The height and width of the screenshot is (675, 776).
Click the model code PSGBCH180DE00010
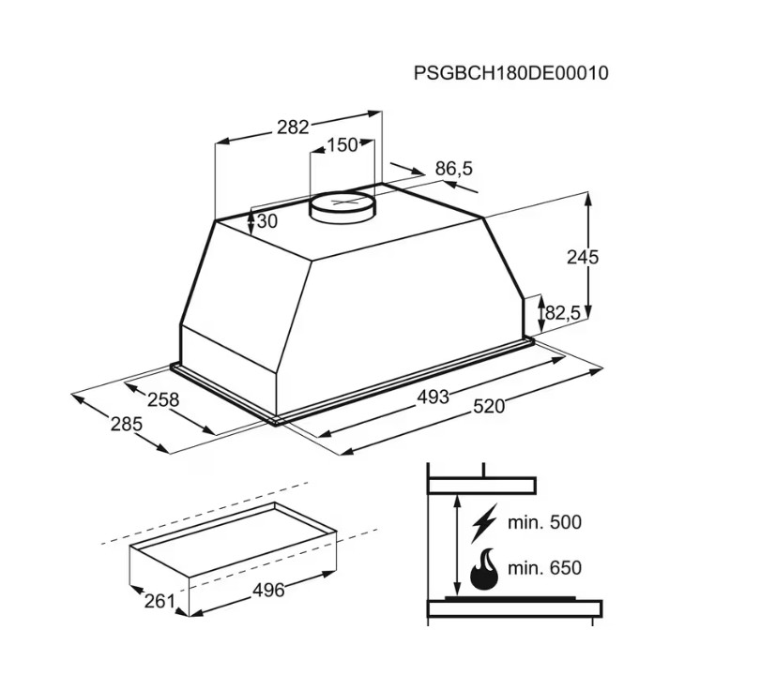pos(510,73)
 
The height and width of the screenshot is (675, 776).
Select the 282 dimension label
pos(293,127)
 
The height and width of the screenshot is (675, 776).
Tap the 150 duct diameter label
pos(342,145)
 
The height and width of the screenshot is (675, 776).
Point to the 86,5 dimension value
pos(454,169)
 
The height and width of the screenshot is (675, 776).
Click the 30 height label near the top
pos(267,221)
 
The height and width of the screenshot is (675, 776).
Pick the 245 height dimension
pos(583,257)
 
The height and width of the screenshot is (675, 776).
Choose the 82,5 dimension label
pos(562,312)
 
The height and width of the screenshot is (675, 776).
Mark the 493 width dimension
pos(433,397)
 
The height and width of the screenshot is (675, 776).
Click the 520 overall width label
pos(489,406)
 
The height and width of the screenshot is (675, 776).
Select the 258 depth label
pos(163,399)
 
